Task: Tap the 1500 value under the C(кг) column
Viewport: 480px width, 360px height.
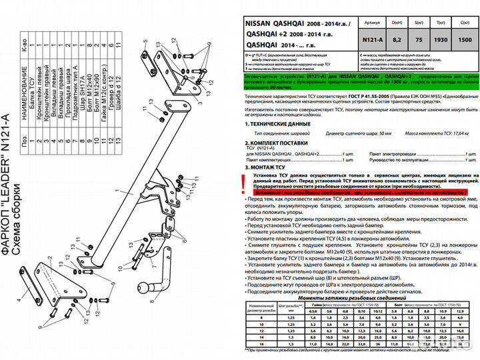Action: (x=465, y=39)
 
